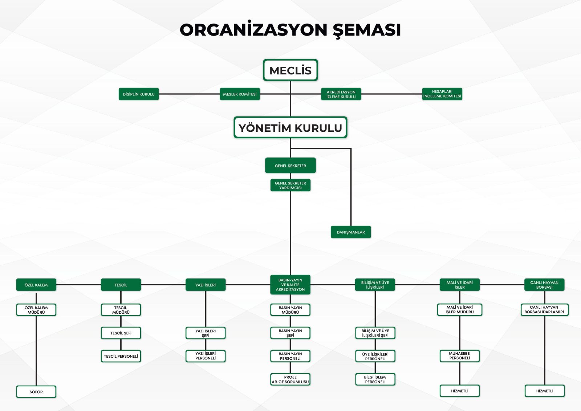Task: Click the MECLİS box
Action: tap(290, 70)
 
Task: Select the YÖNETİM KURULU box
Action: tap(290, 127)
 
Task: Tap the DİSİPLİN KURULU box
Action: tap(139, 94)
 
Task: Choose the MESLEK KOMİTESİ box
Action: tap(240, 94)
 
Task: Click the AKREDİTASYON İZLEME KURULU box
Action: tap(341, 94)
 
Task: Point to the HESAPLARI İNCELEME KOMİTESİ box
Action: tap(442, 94)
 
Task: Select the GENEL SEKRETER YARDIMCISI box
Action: tap(290, 185)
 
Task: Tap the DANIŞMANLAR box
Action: tap(351, 232)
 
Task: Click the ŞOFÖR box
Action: tap(36, 392)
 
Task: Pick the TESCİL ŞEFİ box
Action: tap(121, 333)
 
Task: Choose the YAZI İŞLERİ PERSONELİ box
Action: tap(206, 356)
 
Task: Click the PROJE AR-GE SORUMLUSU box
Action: tap(290, 379)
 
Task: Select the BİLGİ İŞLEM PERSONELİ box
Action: tap(375, 379)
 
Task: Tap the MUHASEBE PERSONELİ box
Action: tap(460, 356)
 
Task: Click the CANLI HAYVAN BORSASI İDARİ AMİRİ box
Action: tap(544, 310)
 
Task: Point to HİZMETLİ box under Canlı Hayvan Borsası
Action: tap(545, 391)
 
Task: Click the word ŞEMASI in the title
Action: tap(367, 30)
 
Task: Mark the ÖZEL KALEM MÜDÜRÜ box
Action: tap(36, 310)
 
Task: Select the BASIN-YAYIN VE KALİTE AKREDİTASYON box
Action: tap(290, 285)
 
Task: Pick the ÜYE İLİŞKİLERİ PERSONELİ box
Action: tap(375, 356)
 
